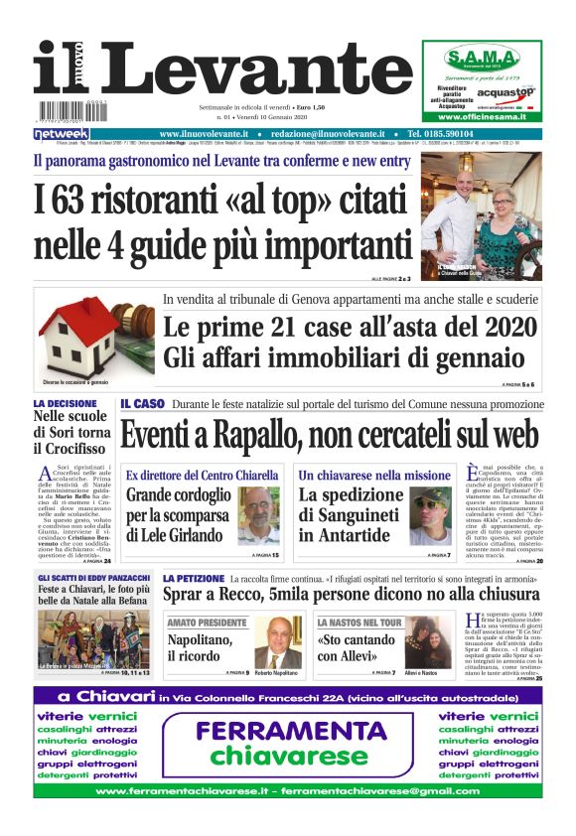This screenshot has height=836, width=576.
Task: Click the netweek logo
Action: [62, 134]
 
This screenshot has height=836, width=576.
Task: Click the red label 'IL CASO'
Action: [142, 405]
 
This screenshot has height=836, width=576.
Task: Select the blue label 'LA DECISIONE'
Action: [65, 404]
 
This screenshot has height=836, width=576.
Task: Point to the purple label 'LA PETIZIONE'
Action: [194, 578]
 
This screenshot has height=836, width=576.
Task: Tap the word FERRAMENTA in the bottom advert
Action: [290, 732]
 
